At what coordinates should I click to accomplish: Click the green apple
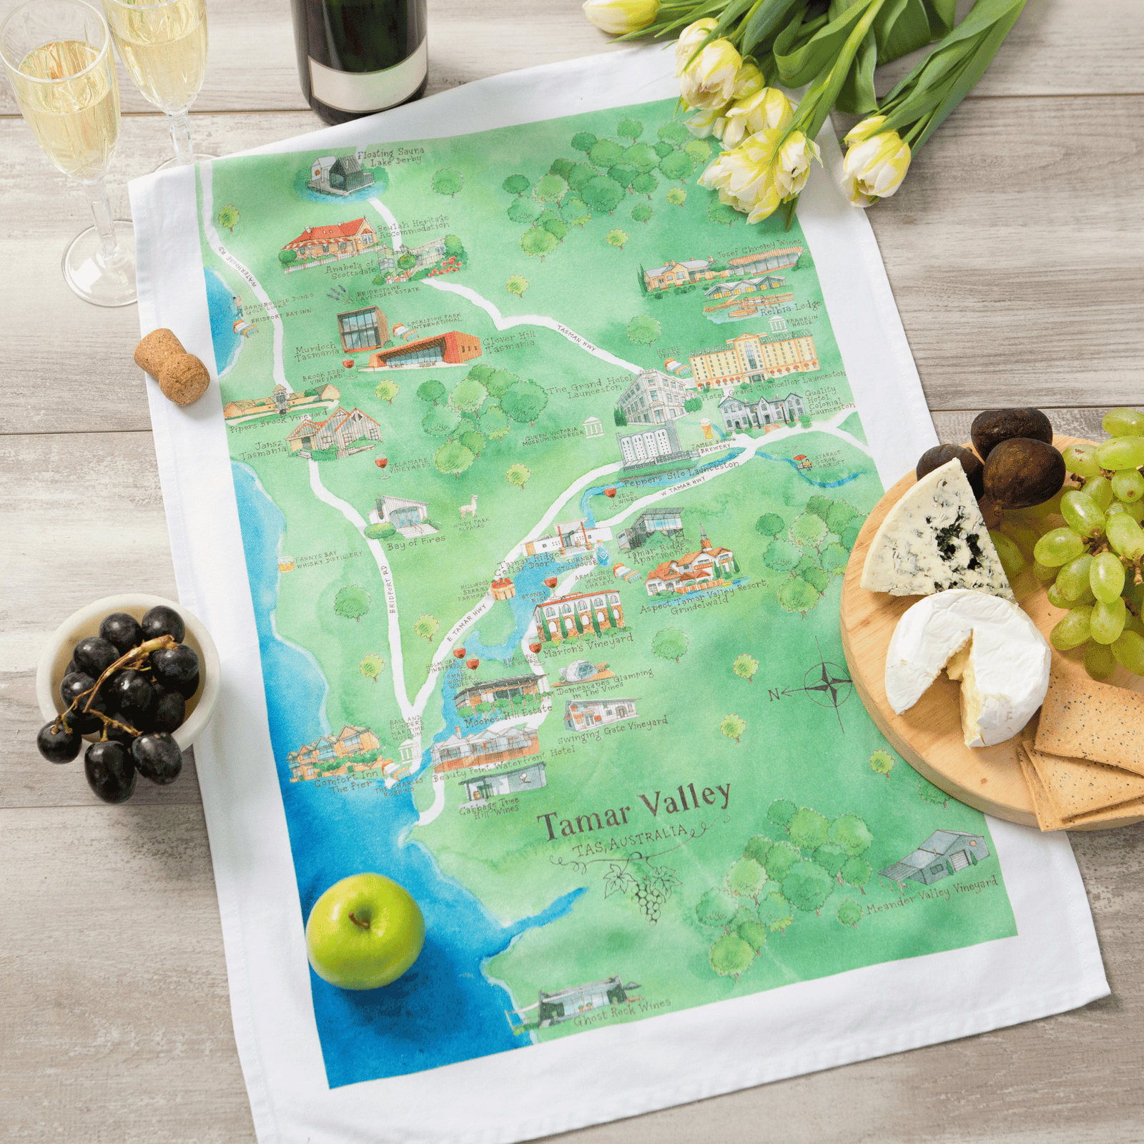pyautogui.click(x=365, y=931)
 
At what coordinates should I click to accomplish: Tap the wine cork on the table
pyautogui.click(x=172, y=366)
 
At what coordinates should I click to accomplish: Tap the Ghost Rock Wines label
pyautogui.click(x=622, y=1012)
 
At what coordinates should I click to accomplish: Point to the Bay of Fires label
pyautogui.click(x=416, y=543)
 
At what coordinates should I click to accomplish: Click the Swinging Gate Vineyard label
pyautogui.click(x=613, y=730)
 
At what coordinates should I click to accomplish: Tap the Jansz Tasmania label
pyautogui.click(x=263, y=450)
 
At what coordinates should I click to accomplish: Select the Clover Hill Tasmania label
pyautogui.click(x=509, y=341)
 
